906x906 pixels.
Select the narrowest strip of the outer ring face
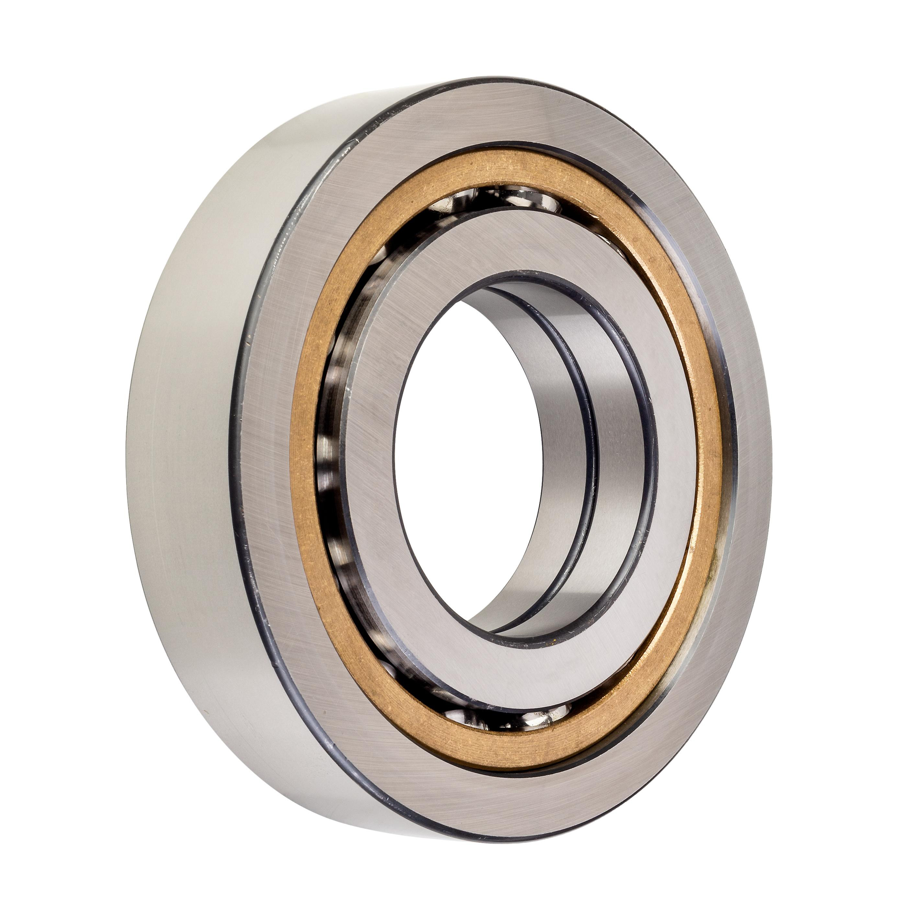pos(746,422)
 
